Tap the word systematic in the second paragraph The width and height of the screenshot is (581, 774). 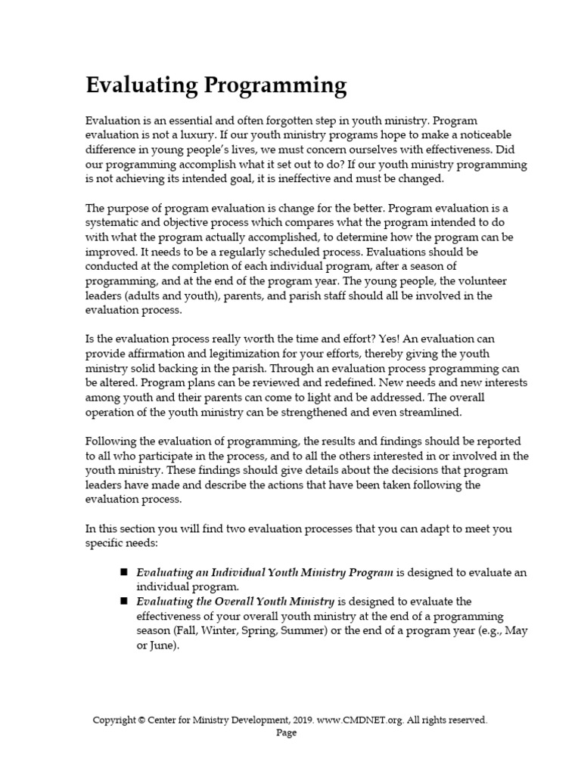click(x=115, y=223)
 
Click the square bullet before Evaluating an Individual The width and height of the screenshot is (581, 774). click(x=123, y=572)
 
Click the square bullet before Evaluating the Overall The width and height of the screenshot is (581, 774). click(x=123, y=601)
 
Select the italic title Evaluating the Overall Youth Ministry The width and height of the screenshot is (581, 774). click(x=235, y=602)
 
